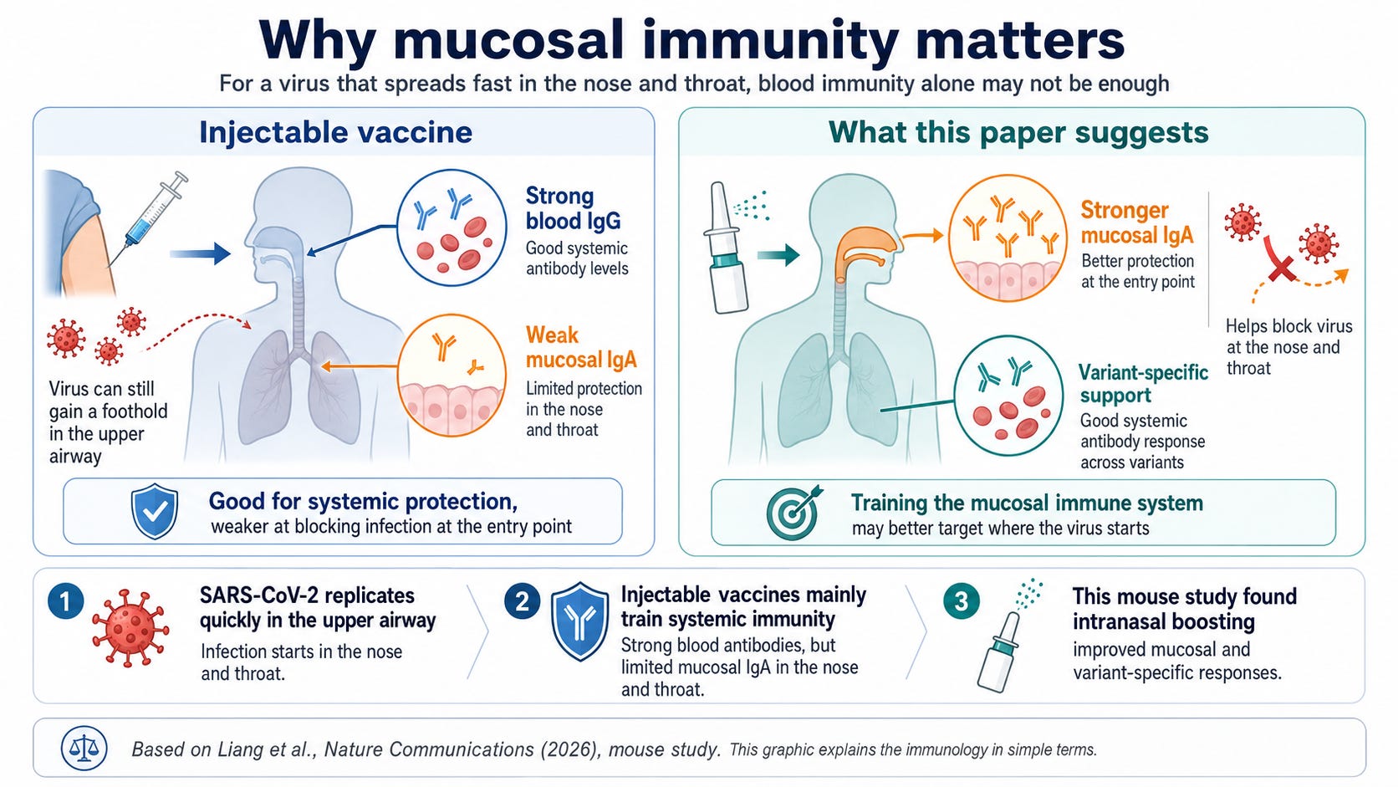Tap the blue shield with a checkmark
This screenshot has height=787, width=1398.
click(x=155, y=511)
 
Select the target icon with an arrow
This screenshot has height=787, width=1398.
click(x=793, y=513)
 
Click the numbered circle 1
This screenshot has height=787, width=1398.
click(x=65, y=601)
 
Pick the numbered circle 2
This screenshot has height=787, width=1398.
click(x=523, y=601)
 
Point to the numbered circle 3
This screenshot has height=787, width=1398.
click(x=962, y=601)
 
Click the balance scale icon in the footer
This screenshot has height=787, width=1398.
click(x=84, y=748)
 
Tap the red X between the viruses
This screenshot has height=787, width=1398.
click(x=1280, y=259)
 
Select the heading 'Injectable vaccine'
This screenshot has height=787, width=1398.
click(x=336, y=132)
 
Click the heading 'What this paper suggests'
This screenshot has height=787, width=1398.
click(x=1018, y=132)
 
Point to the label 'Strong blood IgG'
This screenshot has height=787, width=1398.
click(x=573, y=208)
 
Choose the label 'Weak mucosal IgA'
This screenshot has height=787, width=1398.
click(x=581, y=348)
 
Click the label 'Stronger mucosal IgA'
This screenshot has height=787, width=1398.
click(x=1137, y=222)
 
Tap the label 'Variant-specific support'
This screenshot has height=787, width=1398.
click(x=1144, y=384)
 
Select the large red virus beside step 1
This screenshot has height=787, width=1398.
click(x=130, y=628)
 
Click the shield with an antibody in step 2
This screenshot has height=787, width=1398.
click(x=579, y=621)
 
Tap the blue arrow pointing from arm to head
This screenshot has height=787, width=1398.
click(x=201, y=253)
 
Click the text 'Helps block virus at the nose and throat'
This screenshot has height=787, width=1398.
click(x=1288, y=347)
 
